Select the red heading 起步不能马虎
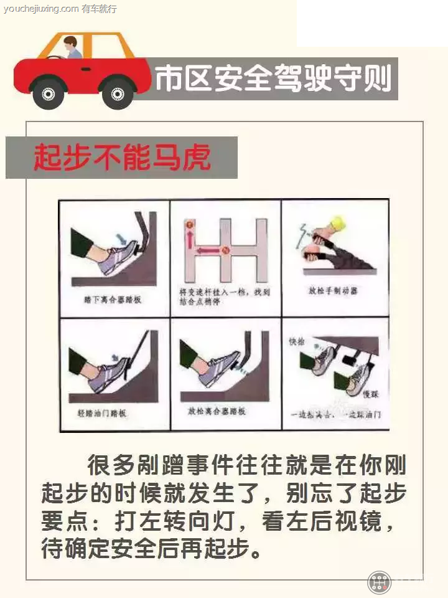(x=122, y=158)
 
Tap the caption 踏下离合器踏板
(x=113, y=300)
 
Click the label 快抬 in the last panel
(x=295, y=342)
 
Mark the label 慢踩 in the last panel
(x=371, y=395)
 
